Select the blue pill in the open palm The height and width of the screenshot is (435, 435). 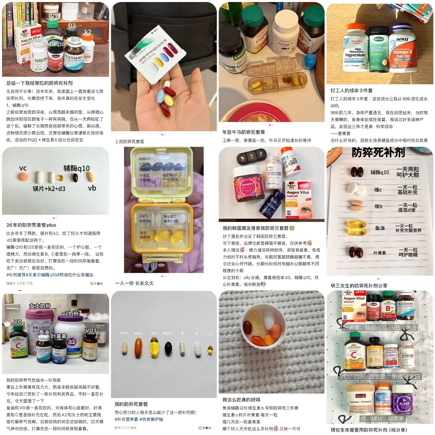(x=160, y=97)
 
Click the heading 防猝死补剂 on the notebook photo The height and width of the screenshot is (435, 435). (x=378, y=153)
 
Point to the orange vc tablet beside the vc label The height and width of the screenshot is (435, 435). (x=23, y=177)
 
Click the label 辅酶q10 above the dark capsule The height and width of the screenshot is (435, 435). (x=76, y=168)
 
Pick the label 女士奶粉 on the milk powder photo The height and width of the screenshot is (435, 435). (x=40, y=306)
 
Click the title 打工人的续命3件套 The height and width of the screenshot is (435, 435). (x=351, y=90)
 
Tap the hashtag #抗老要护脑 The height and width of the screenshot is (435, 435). (x=151, y=419)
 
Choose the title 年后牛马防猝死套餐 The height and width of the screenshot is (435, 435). (x=244, y=132)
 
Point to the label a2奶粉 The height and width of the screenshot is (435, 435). (x=70, y=313)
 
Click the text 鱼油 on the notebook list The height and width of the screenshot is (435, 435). (x=380, y=228)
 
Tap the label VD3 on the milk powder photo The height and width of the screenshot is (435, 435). (x=91, y=330)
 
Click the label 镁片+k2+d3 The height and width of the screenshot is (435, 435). (x=49, y=189)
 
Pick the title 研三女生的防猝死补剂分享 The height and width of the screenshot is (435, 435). (x=359, y=285)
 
